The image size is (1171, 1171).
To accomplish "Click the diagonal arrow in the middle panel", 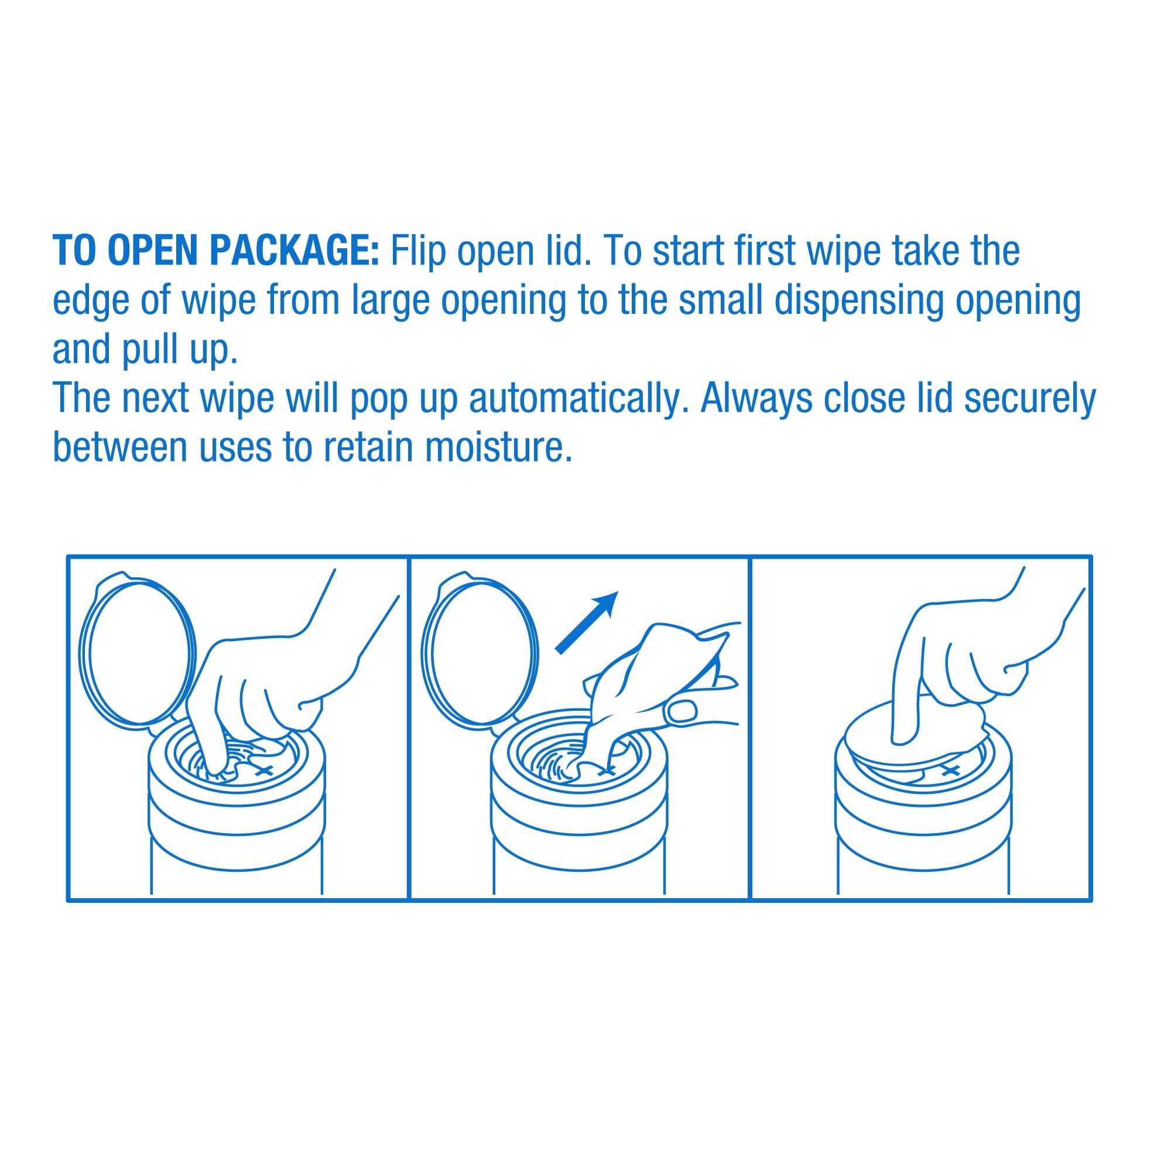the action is tap(586, 622).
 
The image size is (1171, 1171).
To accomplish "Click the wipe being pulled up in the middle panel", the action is tap(642, 697).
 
